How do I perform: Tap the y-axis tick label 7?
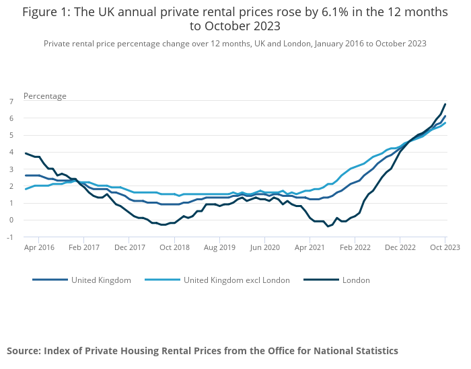tap(11, 101)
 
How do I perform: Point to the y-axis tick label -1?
tap(10, 237)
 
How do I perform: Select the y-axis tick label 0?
tap(11, 220)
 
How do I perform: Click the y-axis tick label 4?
tap(11, 152)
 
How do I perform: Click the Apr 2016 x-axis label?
tap(38, 247)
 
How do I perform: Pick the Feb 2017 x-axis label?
tap(83, 247)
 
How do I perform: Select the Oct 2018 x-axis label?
tap(174, 247)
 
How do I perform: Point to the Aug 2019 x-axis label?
tap(219, 247)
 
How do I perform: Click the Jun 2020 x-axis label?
tap(264, 247)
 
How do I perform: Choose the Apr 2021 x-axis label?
tap(310, 247)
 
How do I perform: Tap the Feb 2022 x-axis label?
tap(355, 247)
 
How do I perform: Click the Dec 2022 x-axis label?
tap(400, 247)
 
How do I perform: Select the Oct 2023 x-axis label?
tap(445, 247)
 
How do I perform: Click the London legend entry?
tap(355, 280)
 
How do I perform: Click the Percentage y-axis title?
tap(45, 95)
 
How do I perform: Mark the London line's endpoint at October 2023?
tap(445, 104)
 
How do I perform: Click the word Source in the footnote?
tap(24, 350)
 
